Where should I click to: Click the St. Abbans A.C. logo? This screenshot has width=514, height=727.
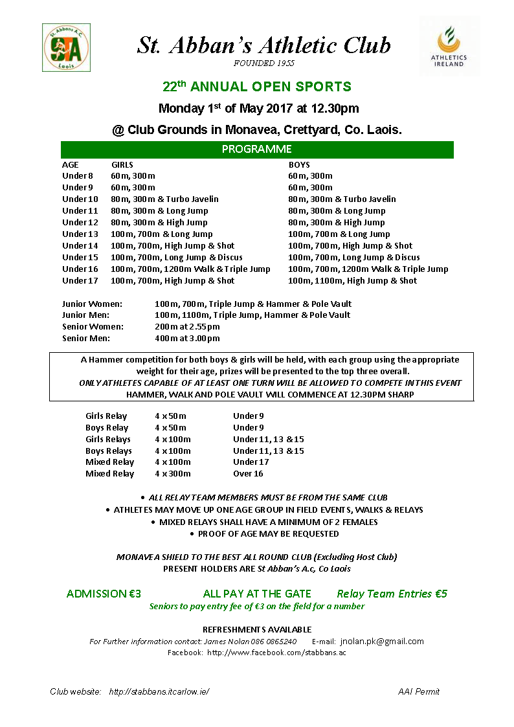(x=66, y=47)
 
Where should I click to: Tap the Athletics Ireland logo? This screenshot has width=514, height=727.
(x=449, y=46)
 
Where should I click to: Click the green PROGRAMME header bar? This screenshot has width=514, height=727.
(x=257, y=150)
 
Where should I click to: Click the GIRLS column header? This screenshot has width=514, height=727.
(x=122, y=164)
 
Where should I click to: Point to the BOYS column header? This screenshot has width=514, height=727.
(x=299, y=164)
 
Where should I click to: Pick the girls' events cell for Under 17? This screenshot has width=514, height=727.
(x=173, y=280)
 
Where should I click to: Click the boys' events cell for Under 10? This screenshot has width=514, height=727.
(x=342, y=199)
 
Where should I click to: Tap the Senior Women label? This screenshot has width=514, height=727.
(x=93, y=326)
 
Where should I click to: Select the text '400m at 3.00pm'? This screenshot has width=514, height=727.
(x=187, y=338)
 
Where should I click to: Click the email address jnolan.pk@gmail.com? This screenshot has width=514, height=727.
(x=382, y=641)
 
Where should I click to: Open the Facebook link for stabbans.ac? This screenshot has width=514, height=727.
(x=276, y=653)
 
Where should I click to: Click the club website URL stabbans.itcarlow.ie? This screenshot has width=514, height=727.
(x=159, y=691)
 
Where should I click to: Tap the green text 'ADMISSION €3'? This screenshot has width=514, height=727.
(x=104, y=594)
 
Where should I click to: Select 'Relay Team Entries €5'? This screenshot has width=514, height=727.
(x=392, y=594)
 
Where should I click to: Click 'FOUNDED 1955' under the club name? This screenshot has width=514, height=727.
(x=263, y=63)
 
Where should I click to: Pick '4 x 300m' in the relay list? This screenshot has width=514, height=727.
(x=173, y=474)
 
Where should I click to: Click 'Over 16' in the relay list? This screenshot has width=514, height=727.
(x=248, y=474)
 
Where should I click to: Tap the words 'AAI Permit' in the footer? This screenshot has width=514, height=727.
(x=418, y=691)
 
